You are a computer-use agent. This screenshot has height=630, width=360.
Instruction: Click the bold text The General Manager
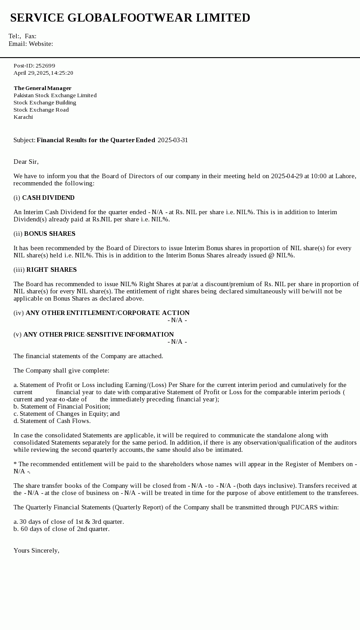tap(42, 88)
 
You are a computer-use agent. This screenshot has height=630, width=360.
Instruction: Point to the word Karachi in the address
tap(23, 117)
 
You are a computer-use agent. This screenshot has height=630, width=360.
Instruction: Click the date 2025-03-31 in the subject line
tap(173, 140)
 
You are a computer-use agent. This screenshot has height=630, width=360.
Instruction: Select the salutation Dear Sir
tap(26, 162)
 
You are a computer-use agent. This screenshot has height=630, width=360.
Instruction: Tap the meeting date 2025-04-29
tap(287, 176)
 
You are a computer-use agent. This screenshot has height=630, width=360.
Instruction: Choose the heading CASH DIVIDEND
tap(48, 198)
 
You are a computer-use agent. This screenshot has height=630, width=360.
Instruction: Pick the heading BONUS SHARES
tap(49, 234)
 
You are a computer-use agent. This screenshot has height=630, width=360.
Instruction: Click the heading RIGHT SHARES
tap(51, 270)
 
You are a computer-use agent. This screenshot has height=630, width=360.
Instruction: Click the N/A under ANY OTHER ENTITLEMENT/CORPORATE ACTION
tap(177, 320)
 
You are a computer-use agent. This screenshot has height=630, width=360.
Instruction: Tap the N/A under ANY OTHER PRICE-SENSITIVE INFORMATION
tap(177, 342)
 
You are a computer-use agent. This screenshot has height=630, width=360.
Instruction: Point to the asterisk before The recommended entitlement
tap(15, 464)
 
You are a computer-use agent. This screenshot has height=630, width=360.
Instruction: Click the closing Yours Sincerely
tap(36, 550)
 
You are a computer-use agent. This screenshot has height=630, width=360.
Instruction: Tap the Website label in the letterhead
tap(40, 44)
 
